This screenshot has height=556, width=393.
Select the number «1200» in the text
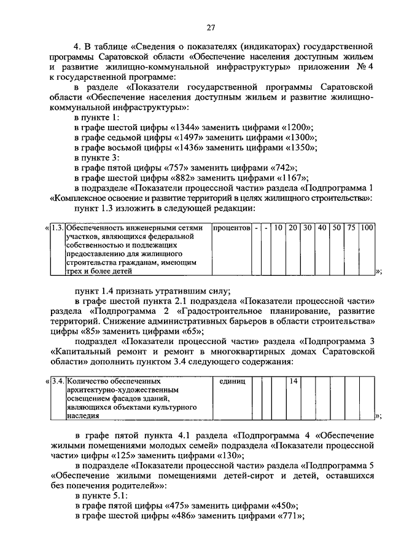(298, 127)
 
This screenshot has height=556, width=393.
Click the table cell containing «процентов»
(231, 228)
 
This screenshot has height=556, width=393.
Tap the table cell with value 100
(367, 228)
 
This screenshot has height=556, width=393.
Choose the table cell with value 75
(352, 228)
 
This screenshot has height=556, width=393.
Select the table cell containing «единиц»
(232, 382)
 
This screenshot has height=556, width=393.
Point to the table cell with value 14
(294, 382)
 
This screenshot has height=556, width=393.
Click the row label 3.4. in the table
(58, 382)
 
